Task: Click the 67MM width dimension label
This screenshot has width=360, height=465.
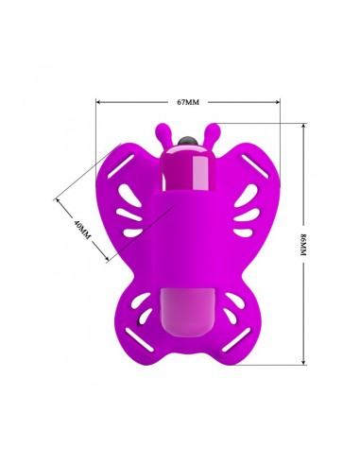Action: (188, 102)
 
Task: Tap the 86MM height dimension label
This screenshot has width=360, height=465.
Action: (303, 245)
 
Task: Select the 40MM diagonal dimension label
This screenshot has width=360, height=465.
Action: (82, 230)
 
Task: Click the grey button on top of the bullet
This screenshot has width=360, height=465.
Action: (187, 142)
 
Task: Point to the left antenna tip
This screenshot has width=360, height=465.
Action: (161, 129)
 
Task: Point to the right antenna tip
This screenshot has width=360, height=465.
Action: (214, 128)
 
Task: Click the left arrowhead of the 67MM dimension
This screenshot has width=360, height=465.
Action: (98, 102)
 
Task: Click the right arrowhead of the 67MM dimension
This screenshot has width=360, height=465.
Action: (278, 102)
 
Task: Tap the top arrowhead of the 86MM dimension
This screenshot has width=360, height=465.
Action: (303, 126)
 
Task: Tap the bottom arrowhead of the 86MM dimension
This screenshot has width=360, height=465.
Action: (303, 362)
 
